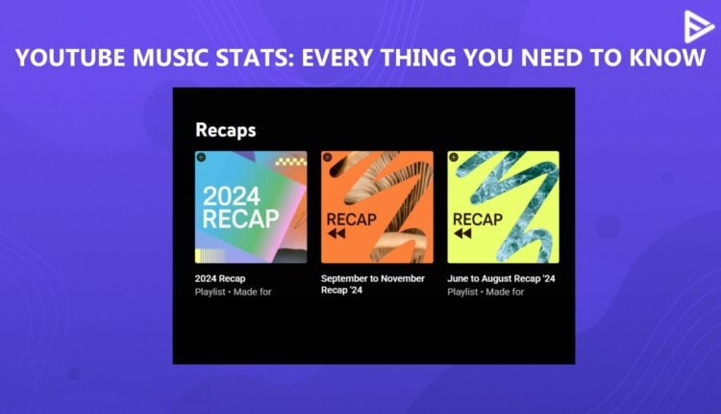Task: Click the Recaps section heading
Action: tap(225, 129)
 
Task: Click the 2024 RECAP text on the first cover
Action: tap(239, 207)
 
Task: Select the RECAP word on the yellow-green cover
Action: tap(478, 219)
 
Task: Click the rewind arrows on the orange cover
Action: tap(337, 234)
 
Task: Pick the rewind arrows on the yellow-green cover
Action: tap(463, 234)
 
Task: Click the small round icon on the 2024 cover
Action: tap(200, 156)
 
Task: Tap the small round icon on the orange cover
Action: tap(327, 156)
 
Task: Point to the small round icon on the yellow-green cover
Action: tap(453, 156)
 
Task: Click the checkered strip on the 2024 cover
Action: tap(291, 161)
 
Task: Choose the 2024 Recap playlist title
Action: tap(219, 278)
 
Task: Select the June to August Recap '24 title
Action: tap(502, 278)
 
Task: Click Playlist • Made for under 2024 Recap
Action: tap(233, 291)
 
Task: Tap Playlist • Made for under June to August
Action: tap(486, 291)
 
